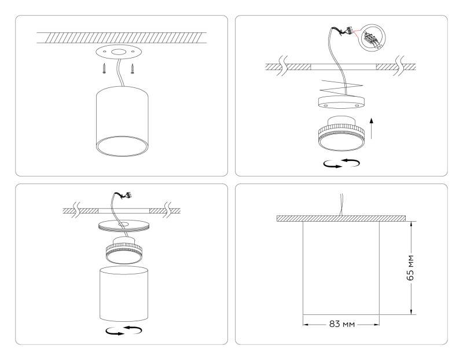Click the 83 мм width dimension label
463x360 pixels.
341,323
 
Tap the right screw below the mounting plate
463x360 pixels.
133,69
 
